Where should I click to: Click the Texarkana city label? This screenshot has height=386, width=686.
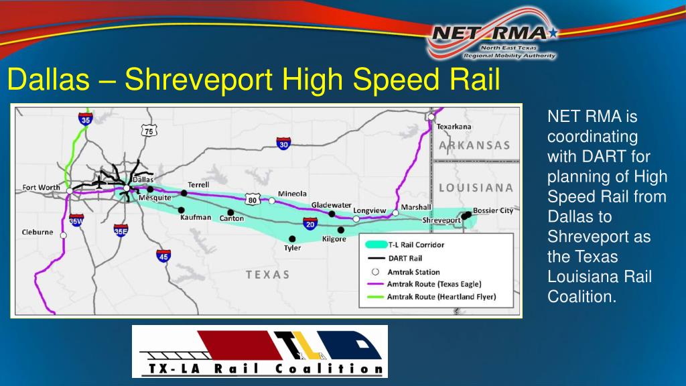pyautogui.click(x=454, y=126)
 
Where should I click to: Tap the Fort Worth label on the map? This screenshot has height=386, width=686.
pyautogui.click(x=41, y=188)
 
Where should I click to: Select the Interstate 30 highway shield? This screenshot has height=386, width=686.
pyautogui.click(x=283, y=143)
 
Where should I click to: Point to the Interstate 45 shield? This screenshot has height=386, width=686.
pyautogui.click(x=163, y=255)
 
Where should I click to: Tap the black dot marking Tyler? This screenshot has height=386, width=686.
pyautogui.click(x=291, y=239)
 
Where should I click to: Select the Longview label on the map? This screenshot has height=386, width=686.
pyautogui.click(x=370, y=210)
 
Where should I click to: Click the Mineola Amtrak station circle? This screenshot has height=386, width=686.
pyautogui.click(x=272, y=200)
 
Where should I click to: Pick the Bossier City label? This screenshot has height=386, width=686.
pyautogui.click(x=492, y=210)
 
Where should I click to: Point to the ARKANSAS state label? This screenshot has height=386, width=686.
pyautogui.click(x=474, y=145)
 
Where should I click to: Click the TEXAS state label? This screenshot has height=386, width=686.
pyautogui.click(x=267, y=275)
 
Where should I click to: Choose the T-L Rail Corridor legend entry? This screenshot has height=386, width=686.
pyautogui.click(x=415, y=245)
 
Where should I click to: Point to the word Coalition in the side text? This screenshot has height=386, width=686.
pyautogui.click(x=581, y=296)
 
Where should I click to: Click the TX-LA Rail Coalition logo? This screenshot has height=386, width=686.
pyautogui.click(x=260, y=351)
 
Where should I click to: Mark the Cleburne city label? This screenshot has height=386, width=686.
pyautogui.click(x=38, y=233)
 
